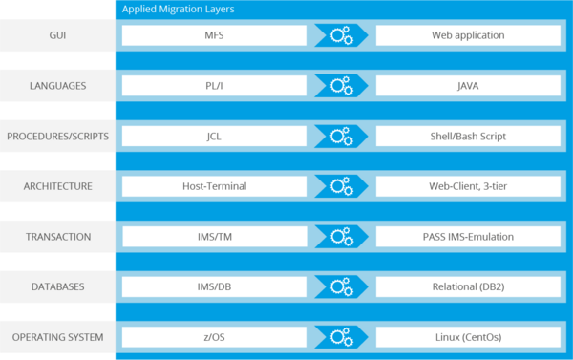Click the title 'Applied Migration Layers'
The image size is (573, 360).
179,9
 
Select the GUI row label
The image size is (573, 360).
56,35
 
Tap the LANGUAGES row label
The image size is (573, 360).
56,86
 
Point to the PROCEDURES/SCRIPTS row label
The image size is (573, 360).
56,137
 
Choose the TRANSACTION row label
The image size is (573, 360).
56,237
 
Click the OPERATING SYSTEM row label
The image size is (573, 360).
56,337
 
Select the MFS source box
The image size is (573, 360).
214,35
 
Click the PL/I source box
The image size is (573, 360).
214,86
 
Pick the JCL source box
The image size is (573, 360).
214,137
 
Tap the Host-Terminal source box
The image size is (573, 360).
214,186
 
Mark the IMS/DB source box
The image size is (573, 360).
214,286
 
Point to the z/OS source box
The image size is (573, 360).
214,337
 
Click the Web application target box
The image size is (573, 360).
468,35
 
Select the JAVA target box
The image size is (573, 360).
468,86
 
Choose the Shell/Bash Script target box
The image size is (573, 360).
468,137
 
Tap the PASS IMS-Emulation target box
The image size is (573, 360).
468,237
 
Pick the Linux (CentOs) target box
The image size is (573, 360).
468,337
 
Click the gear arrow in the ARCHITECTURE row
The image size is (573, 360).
341,186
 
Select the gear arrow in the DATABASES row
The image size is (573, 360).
341,286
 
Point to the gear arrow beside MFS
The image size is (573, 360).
341,35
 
